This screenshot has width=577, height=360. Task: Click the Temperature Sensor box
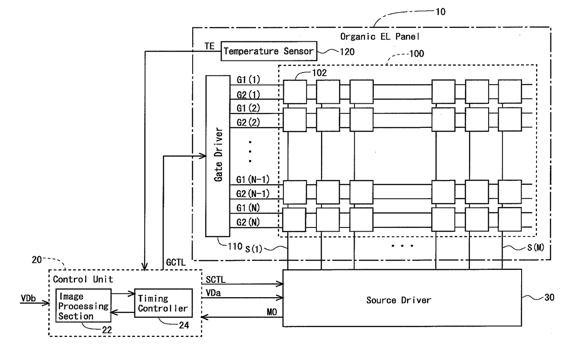click(268, 51)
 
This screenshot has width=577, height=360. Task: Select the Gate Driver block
click(218, 156)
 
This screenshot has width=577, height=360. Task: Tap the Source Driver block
click(402, 298)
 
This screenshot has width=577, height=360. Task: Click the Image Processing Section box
click(83, 306)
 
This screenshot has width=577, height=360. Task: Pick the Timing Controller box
click(163, 303)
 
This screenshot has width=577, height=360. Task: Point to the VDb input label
click(28, 298)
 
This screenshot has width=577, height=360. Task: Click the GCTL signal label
click(176, 262)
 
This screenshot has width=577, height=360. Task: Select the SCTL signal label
click(215, 280)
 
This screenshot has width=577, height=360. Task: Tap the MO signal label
click(272, 312)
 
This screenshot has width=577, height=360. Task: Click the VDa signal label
click(213, 293)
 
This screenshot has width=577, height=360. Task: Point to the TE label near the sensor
click(209, 46)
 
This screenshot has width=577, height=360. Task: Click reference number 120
click(347, 52)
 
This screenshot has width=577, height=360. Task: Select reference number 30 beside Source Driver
click(549, 297)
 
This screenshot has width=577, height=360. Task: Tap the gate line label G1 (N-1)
click(253, 179)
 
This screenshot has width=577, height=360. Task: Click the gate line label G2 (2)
click(248, 122)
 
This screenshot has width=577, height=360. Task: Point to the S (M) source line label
click(536, 247)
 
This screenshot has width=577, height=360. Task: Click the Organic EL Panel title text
click(380, 37)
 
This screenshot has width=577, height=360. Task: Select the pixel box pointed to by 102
click(295, 92)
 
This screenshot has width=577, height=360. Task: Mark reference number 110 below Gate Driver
click(235, 247)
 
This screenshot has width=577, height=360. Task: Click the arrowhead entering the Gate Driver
click(203, 156)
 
